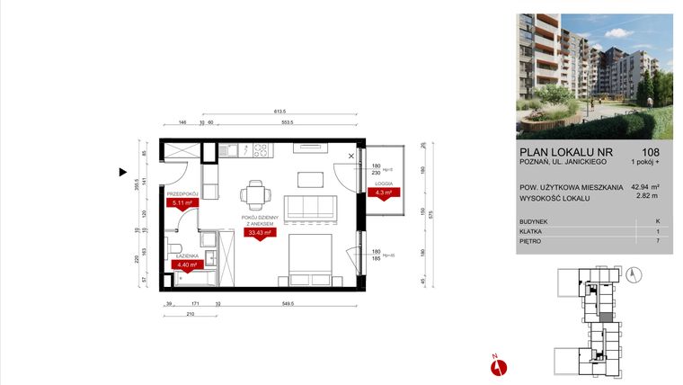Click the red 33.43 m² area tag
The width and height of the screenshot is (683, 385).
tap(257, 233)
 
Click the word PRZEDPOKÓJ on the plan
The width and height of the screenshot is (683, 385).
tap(182, 193)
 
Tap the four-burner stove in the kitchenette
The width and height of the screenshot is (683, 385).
tap(262, 150)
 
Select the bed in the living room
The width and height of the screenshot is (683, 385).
tap(310, 257)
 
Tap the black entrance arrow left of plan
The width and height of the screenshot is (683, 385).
tap(124, 170)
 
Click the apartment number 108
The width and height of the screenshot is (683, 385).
tap(651, 152)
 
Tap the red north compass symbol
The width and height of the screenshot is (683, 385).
tap(501, 365)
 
